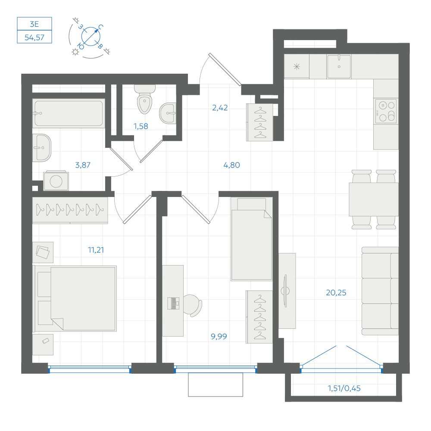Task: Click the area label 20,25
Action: point(336,293)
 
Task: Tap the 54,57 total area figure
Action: point(34,37)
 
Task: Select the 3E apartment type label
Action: point(34,24)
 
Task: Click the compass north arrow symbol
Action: point(91,37)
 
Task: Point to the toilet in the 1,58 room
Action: point(144,100)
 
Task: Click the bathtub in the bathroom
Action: point(69,113)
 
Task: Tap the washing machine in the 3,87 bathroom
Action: point(56,181)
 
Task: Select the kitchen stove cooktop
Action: point(386,111)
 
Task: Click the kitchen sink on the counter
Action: point(339,66)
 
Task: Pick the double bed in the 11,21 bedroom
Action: point(75,299)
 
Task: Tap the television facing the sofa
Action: point(285,291)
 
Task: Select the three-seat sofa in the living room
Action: point(380,291)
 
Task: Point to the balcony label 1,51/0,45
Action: point(344,388)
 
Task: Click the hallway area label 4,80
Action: point(232,165)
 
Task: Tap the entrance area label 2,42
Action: point(220,108)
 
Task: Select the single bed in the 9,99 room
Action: point(252,239)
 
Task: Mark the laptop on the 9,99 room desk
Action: point(173,303)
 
